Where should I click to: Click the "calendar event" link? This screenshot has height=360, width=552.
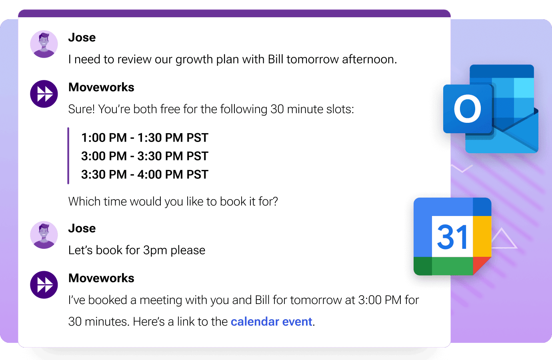(271, 322)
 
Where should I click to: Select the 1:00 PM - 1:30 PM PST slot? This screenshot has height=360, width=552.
(144, 138)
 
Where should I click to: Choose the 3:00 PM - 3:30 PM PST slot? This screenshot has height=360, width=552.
(144, 156)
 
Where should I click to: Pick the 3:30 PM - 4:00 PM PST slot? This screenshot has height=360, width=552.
(144, 174)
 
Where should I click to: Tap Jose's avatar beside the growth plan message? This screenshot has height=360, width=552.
(44, 44)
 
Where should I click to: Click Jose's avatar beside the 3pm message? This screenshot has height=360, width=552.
(44, 235)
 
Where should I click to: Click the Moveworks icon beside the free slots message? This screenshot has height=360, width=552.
(44, 94)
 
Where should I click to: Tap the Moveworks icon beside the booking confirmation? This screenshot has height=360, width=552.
(44, 285)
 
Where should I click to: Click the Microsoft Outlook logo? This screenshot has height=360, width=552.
(491, 109)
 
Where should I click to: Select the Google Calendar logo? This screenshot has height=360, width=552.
(452, 236)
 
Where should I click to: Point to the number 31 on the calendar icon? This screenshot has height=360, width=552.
(452, 236)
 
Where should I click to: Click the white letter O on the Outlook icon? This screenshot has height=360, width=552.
(467, 109)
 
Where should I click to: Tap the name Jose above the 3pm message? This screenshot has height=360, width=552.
(82, 228)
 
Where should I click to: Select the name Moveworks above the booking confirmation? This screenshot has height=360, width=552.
(101, 278)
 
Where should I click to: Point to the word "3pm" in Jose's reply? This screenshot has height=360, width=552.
(155, 250)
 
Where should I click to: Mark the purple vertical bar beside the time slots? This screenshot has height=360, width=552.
(68, 156)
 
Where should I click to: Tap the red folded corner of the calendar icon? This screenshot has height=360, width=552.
(481, 265)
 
